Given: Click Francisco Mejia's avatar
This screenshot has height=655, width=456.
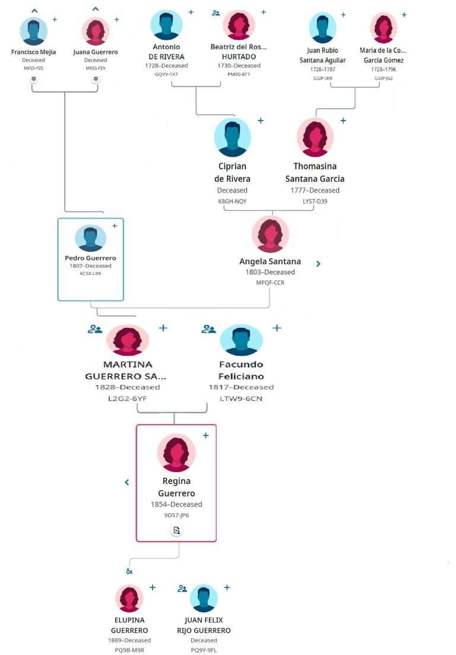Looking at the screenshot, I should [33, 31].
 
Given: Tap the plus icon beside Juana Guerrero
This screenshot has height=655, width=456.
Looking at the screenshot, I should [116, 20].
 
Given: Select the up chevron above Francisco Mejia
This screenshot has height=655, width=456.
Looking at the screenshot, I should [34, 10].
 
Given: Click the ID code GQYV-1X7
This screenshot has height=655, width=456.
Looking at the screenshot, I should [166, 74].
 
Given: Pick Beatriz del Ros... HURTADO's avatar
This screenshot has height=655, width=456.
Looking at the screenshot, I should [239, 26].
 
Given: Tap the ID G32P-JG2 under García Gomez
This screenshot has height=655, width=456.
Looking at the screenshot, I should [384, 78].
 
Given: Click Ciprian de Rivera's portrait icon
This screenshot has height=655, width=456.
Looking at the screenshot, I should [232, 137].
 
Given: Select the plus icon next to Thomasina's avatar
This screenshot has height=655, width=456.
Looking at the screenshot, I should [343, 121].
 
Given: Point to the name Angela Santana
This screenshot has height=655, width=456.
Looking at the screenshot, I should [270, 261].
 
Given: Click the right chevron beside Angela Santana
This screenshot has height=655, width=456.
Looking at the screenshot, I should [318, 264].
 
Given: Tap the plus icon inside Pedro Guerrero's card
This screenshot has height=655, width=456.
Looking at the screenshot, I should [115, 226].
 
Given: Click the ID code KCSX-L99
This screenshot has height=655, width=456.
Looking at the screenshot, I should [91, 274].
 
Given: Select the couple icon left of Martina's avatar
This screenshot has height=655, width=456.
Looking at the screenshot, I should [95, 328].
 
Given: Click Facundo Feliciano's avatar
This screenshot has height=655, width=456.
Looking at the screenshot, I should [241, 340].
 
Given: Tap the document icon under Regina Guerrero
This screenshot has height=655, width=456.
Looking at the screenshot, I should [176, 530].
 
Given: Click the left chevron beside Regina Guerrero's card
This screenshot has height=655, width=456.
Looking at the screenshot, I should [127, 482].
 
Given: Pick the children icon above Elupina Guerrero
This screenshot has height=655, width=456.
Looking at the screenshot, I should [129, 571].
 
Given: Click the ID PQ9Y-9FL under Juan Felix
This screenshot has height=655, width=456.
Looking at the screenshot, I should [204, 650].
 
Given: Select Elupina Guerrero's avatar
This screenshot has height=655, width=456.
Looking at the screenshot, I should [129, 598].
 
